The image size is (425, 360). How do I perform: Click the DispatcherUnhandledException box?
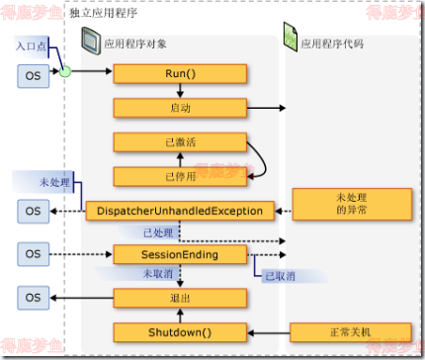coord(180,210)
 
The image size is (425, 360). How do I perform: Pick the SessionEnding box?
coord(180,255)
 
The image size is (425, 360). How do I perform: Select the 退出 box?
coord(180,297)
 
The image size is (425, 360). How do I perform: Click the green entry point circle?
coord(65,72)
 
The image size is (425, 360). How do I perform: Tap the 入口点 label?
coord(32,47)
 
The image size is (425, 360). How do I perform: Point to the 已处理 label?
coord(158,232)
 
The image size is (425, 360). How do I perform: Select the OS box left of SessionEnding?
coord(34,255)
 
